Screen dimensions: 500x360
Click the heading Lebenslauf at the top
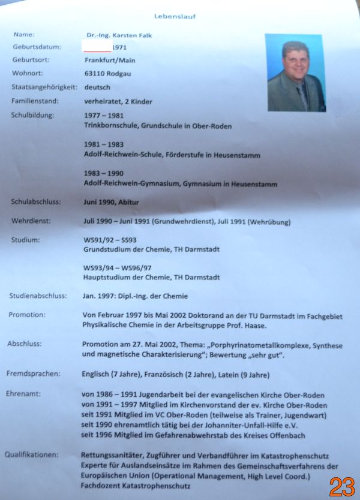[175, 16]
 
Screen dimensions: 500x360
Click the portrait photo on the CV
[294, 73]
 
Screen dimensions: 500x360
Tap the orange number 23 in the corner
[341, 486]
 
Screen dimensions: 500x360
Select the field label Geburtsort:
[30, 60]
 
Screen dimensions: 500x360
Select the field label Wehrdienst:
[31, 221]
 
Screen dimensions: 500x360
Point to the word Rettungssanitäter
[112, 455]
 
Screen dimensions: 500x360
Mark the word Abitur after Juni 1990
[127, 202]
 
